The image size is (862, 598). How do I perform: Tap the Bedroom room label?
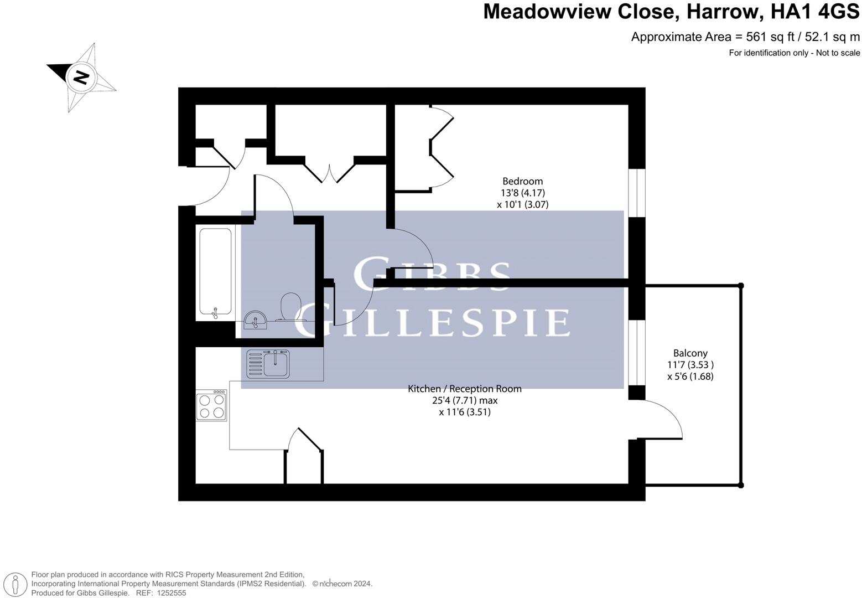click(x=522, y=181)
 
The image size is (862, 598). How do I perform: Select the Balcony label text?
click(x=690, y=353)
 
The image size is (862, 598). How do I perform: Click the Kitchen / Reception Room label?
click(x=464, y=389)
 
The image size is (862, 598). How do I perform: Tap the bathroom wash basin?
click(x=256, y=319)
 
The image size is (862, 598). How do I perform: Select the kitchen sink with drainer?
click(x=268, y=365)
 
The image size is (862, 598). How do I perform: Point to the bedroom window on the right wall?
click(x=637, y=193)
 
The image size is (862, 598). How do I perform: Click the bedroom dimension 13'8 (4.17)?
click(x=522, y=193)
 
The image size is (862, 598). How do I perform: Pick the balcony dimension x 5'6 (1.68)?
click(x=690, y=377)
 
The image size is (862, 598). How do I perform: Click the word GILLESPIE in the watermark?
click(x=432, y=323)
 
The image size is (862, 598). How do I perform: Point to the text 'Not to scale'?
click(x=838, y=53)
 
